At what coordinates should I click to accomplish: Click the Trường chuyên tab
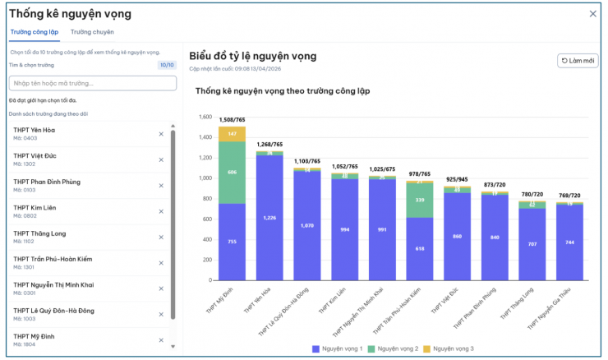92,32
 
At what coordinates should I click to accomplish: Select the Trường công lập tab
34,32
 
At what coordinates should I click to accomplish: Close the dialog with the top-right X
593,13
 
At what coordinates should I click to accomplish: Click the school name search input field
92,83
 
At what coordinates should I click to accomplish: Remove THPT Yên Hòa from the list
161,134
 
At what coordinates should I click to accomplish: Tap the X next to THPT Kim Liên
161,211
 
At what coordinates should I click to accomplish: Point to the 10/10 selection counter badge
167,64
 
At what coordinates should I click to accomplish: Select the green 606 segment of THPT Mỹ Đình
232,172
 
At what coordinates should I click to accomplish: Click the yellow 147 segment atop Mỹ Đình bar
232,133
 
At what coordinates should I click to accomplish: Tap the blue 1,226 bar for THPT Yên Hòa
269,217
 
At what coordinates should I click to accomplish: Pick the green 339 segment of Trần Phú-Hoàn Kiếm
420,200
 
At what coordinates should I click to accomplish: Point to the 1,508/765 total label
232,119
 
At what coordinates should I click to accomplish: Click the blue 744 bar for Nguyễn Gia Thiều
570,242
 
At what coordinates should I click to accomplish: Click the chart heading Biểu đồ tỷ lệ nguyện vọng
252,56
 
